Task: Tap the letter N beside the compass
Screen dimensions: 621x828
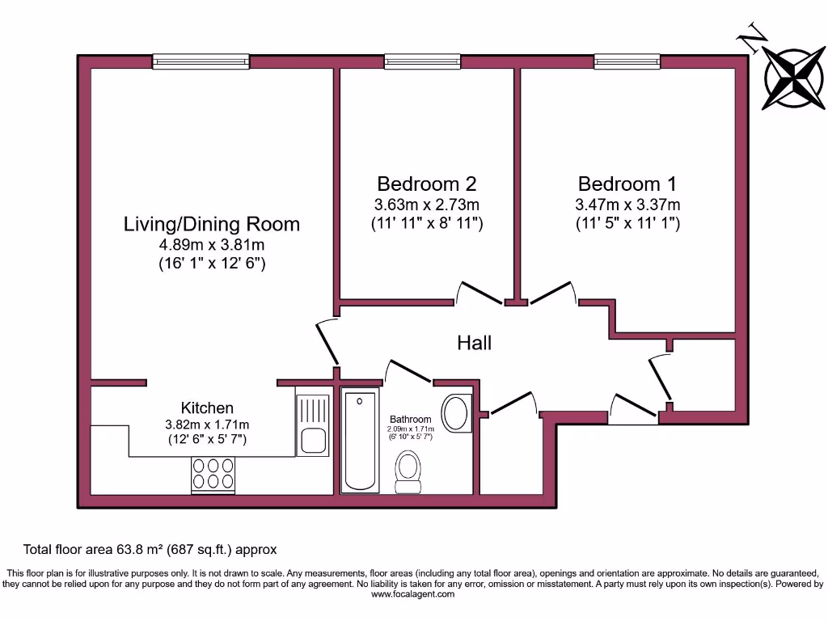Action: point(755,38)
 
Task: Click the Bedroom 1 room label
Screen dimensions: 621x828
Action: point(627,184)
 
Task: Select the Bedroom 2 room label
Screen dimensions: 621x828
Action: point(427,184)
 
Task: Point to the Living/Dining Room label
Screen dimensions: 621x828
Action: point(211,224)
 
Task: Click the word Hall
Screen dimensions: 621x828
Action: point(474,343)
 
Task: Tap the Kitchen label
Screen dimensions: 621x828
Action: point(207,408)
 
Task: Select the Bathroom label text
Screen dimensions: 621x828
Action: point(411,419)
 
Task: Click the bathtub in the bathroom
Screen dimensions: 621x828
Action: point(360,441)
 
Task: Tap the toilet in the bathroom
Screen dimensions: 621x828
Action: point(408,471)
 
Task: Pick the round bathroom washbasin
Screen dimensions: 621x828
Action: point(457,412)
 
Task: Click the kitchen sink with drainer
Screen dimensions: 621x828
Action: point(313,425)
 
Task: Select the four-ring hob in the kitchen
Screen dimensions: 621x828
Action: point(213,473)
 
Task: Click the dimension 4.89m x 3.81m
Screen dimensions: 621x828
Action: point(211,245)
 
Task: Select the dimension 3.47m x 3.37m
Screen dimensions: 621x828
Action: point(627,205)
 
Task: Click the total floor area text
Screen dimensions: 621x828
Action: point(150,549)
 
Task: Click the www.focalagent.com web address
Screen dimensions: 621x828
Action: point(413,594)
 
